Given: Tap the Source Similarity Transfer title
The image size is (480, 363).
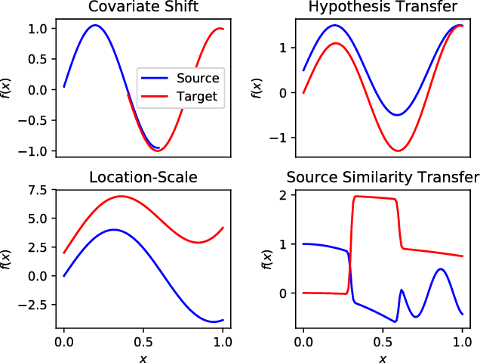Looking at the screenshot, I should (x=383, y=178).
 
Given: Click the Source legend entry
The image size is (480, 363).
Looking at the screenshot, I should (x=198, y=78).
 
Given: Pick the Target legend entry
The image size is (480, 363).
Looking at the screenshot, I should (x=198, y=96).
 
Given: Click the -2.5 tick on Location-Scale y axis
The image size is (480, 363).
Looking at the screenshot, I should (x=35, y=304).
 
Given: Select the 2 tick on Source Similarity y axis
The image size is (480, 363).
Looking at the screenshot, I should (x=282, y=195).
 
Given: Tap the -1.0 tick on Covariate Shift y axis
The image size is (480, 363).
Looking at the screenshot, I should (x=35, y=151).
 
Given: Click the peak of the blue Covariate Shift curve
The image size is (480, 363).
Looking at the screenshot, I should (x=94, y=25).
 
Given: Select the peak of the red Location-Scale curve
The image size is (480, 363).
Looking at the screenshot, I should (x=121, y=197).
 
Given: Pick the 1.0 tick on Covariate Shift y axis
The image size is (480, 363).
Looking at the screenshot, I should (x=38, y=28).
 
